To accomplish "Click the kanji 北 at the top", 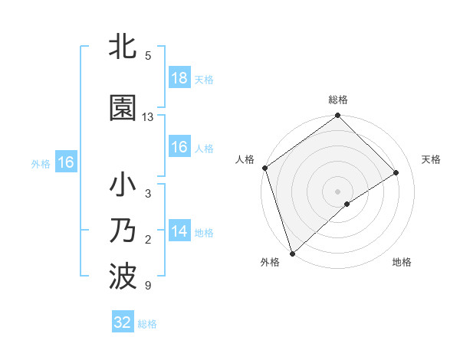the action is (x=123, y=47).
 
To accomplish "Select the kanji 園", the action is (x=123, y=108).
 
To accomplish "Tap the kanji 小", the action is (x=123, y=186).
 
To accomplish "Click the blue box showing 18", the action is (x=179, y=78).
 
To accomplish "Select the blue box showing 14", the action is (x=179, y=232).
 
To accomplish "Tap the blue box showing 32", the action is (x=123, y=322).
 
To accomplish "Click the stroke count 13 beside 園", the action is (x=148, y=117).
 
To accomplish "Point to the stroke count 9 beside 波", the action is (x=147, y=286).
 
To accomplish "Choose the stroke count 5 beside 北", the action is (x=147, y=55).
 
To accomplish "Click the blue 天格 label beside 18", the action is (x=204, y=79).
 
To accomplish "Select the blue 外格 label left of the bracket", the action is (x=41, y=163).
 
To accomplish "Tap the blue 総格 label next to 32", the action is (x=147, y=324).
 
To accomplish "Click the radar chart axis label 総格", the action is (x=338, y=100).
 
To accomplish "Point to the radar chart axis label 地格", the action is (x=402, y=262).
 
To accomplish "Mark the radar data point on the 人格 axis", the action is (x=264, y=168).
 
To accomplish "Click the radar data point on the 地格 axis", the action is (x=347, y=204).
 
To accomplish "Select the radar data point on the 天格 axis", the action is (x=396, y=172).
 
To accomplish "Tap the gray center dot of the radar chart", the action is (x=337, y=191).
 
